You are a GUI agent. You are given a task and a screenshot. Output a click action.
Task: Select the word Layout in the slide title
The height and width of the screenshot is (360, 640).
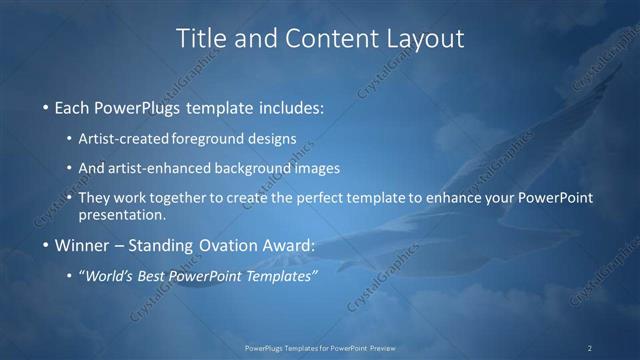click(x=426, y=38)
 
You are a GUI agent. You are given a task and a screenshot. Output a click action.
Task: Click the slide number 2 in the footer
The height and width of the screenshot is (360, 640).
click(x=590, y=348)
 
